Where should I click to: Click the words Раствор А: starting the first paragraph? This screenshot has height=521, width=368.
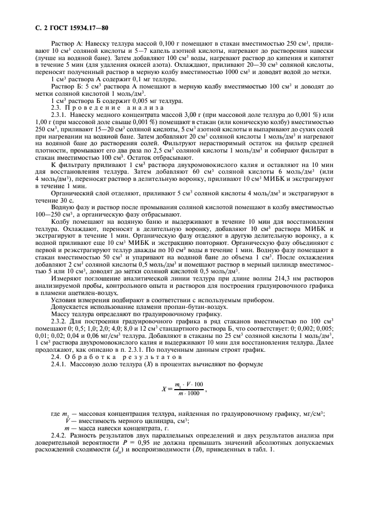coord(67,43)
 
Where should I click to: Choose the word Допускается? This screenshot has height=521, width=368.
coord(69,306)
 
